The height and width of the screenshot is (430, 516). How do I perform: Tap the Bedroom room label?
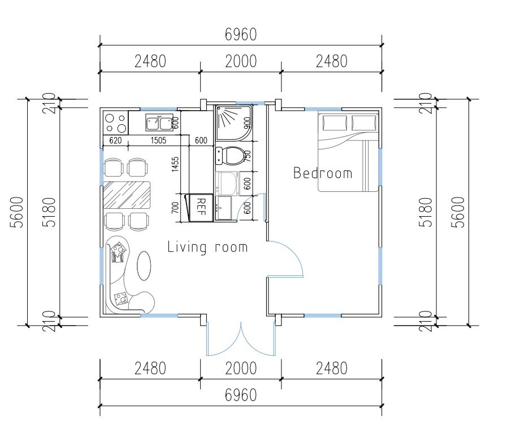pyautogui.click(x=323, y=173)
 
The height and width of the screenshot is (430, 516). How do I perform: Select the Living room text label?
pyautogui.click(x=207, y=247)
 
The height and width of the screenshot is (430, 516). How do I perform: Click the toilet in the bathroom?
pyautogui.click(x=231, y=156)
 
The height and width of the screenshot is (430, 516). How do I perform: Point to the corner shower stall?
pyautogui.click(x=234, y=122)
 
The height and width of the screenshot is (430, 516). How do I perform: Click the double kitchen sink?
pyautogui.click(x=159, y=122)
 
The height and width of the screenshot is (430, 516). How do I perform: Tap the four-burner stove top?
pyautogui.click(x=115, y=122)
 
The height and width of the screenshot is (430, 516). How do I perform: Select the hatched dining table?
pyautogui.click(x=127, y=195)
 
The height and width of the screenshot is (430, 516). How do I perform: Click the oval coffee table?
pyautogui.click(x=144, y=265)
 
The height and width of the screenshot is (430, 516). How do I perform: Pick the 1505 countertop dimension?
pyautogui.click(x=158, y=141)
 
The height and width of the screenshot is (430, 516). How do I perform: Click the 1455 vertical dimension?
pyautogui.click(x=175, y=164)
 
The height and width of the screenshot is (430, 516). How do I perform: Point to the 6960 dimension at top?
pyautogui.click(x=241, y=34)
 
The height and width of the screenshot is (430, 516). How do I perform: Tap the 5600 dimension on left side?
pyautogui.click(x=17, y=212)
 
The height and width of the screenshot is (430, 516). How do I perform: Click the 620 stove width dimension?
pyautogui.click(x=115, y=141)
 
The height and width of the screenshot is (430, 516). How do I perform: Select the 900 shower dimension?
pyautogui.click(x=248, y=124)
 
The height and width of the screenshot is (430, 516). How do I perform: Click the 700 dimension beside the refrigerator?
pyautogui.click(x=175, y=208)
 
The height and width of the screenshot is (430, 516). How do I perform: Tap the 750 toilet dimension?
pyautogui.click(x=248, y=156)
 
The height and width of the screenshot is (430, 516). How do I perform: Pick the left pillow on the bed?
pyautogui.click(x=335, y=123)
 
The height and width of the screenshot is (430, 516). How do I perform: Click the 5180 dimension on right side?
pyautogui.click(x=426, y=212)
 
